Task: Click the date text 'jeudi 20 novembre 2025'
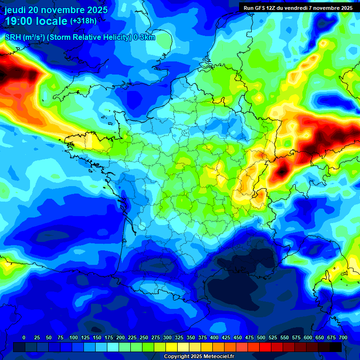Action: [x=56, y=10]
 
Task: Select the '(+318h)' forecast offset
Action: [x=83, y=21]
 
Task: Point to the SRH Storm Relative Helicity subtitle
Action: [x=80, y=37]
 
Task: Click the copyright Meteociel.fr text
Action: [x=199, y=357]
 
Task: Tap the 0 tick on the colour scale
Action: [x=24, y=338]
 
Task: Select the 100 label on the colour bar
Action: [x=74, y=338]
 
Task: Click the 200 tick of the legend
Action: [x=120, y=338]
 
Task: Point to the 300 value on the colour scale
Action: [x=167, y=338]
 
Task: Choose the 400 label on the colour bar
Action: [x=214, y=338]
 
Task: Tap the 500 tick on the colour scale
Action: [x=261, y=338]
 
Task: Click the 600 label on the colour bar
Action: [x=308, y=338]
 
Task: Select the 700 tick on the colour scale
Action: [x=343, y=338]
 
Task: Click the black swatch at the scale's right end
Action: [x=336, y=347]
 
